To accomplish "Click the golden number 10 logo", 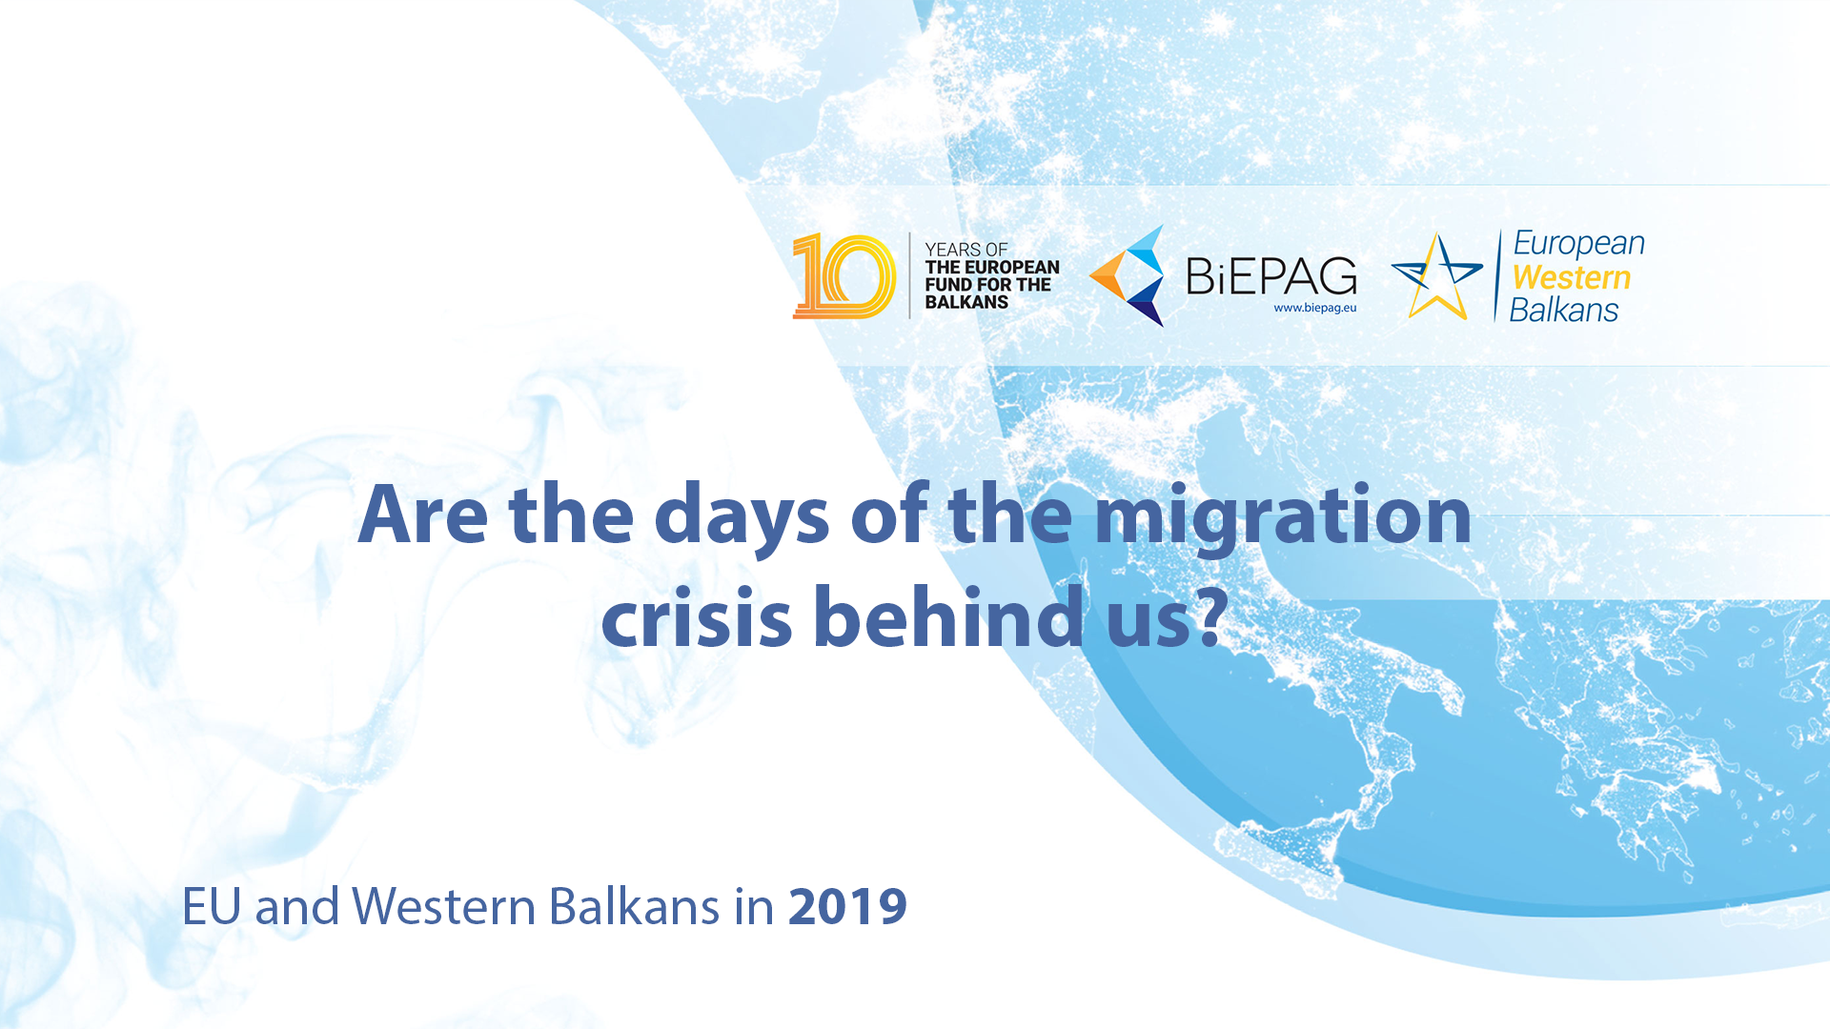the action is (844, 276).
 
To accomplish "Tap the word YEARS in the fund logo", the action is (953, 250).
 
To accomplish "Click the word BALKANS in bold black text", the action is (966, 302).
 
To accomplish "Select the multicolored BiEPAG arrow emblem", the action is (1128, 275).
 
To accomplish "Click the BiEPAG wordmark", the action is (1271, 276).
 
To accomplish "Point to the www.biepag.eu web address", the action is (1315, 308).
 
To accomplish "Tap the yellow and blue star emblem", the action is (1437, 276).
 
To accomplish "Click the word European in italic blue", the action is (1579, 244).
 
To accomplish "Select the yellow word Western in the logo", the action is (1572, 277).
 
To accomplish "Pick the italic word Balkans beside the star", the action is (1564, 310).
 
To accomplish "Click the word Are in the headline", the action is (423, 514).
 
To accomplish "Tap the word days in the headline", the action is (742, 519).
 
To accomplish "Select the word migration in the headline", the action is (1283, 519).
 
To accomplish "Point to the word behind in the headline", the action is (949, 615).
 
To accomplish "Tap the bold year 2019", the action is (847, 906).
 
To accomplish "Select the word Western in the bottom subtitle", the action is (444, 906).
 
